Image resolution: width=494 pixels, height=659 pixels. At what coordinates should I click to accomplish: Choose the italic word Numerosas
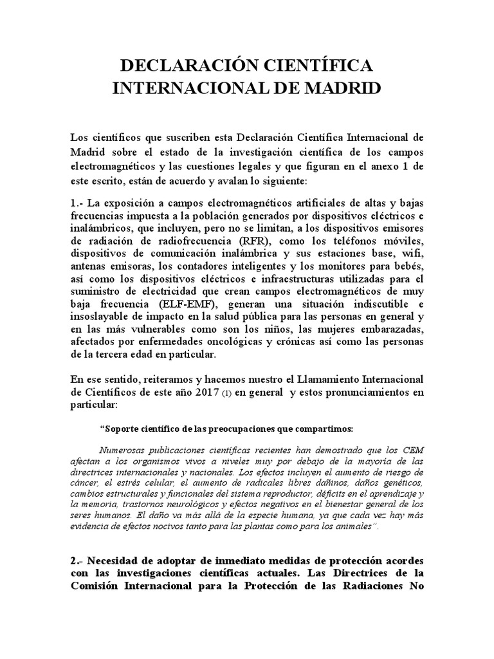(x=125, y=450)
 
